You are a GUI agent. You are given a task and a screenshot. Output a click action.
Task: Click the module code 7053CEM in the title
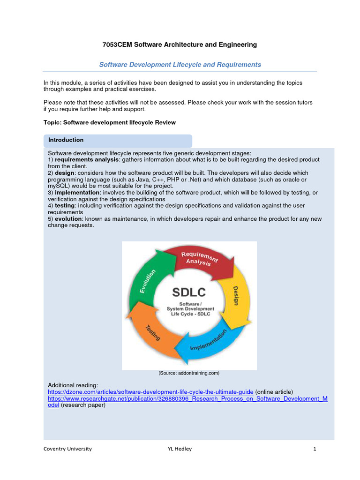(x=117, y=45)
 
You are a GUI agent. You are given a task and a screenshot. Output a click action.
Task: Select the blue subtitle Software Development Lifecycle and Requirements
(x=180, y=65)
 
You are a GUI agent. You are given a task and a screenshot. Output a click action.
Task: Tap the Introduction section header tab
(x=66, y=140)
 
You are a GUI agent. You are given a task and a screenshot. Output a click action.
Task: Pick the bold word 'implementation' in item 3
(x=77, y=193)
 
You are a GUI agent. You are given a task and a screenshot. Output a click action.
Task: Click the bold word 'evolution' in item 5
(x=68, y=219)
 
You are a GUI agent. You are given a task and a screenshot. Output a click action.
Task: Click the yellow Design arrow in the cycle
(x=234, y=295)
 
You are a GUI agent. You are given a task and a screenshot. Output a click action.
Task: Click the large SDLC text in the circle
(x=189, y=292)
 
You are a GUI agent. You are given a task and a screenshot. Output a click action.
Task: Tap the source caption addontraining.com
(x=189, y=373)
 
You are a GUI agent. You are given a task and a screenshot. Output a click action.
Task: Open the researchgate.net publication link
(x=187, y=398)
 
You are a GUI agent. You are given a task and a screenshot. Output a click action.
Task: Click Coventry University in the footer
(x=67, y=449)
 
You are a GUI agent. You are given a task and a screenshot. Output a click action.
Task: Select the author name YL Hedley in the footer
(x=180, y=449)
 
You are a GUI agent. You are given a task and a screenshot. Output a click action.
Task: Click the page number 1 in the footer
(x=315, y=449)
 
